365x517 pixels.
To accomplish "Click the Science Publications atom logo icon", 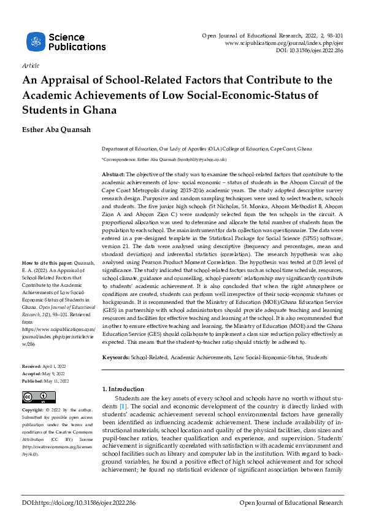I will [36, 42].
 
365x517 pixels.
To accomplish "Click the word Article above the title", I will [30, 65].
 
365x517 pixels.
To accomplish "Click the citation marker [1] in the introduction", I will [123, 407].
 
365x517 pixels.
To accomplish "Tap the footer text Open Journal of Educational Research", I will [290, 503].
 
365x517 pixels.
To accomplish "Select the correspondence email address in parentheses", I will [204, 159].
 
